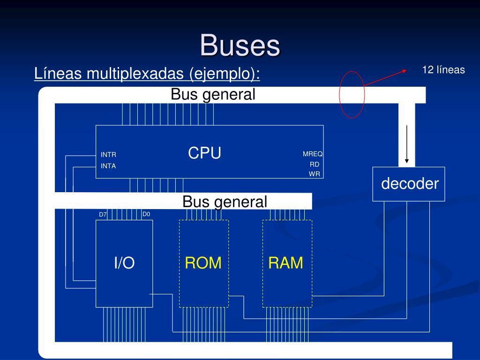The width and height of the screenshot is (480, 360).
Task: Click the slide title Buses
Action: pos(240,45)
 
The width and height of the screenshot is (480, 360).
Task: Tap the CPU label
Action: pos(204,153)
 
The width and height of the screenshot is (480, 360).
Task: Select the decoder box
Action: pos(409,184)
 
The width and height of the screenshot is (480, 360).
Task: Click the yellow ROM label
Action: pos(203,263)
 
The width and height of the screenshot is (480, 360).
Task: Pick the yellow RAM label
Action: pos(285,263)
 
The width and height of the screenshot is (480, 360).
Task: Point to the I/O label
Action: pos(124,262)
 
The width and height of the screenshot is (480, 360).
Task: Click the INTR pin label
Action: pos(108,155)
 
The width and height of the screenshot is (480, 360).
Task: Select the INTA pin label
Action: pos(108,166)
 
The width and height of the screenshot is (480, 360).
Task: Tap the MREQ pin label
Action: pos(313,154)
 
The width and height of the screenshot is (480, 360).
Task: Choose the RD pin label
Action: pos(315,165)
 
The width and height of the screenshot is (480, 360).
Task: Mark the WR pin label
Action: pos(315,174)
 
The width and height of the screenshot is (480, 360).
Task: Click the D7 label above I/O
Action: pos(103,215)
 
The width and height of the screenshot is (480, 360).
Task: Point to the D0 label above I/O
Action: pos(146,214)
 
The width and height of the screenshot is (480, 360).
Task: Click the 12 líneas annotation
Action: pos(443,70)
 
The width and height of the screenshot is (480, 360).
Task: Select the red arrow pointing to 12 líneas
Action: pos(385,78)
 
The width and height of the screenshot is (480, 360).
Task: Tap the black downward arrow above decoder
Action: pos(407,144)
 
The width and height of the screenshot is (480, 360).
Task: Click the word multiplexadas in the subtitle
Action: pos(135,74)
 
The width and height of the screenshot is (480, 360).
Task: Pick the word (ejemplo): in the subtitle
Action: pos(225,74)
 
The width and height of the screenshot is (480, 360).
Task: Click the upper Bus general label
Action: pos(213,94)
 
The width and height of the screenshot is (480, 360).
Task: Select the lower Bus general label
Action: pos(225,202)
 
